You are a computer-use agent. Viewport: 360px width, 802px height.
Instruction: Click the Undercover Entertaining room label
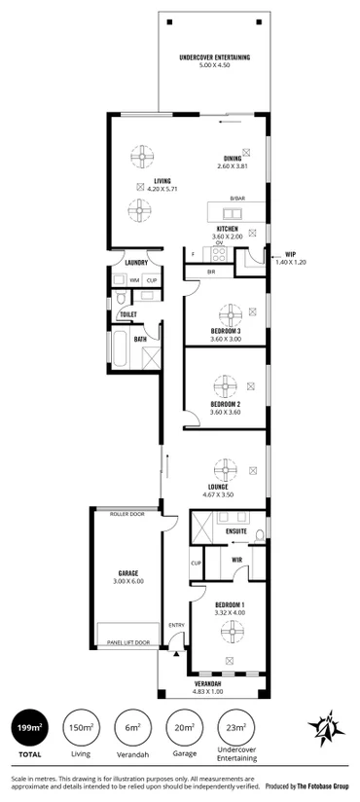(x=215, y=58)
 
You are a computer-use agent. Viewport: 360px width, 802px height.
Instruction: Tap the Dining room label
(x=233, y=158)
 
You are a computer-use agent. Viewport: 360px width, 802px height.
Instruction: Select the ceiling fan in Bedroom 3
(x=233, y=313)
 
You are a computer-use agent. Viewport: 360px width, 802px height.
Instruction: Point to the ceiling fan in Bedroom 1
(x=231, y=633)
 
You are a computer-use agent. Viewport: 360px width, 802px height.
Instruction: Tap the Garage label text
(x=126, y=574)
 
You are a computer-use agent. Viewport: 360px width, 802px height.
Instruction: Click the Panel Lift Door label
(x=129, y=642)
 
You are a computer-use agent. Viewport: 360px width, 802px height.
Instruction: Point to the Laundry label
(x=136, y=262)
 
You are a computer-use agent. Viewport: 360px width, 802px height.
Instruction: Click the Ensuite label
(x=236, y=531)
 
